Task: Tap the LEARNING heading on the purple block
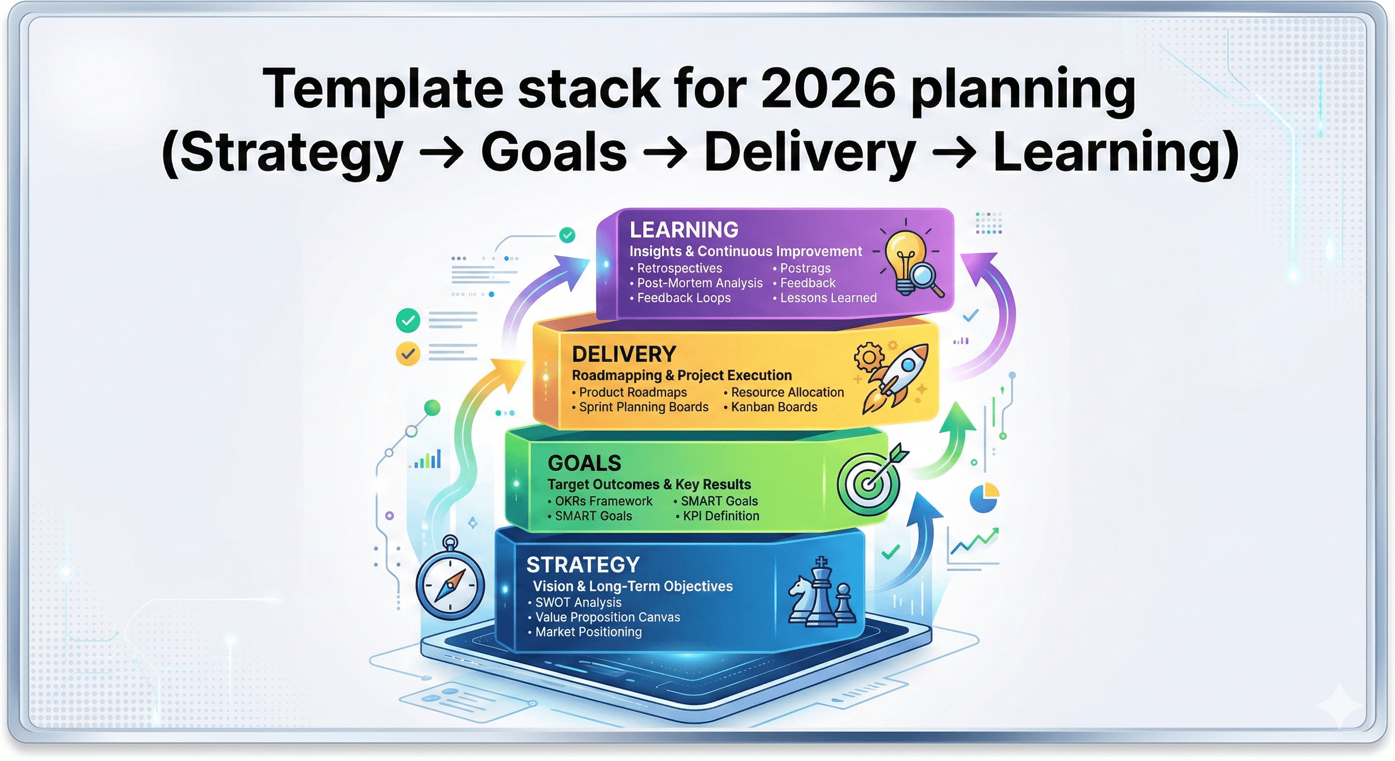click(x=684, y=230)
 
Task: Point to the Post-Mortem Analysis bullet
click(x=697, y=283)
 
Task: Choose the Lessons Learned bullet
click(x=825, y=297)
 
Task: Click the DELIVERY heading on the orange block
click(x=624, y=354)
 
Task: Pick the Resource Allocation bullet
click(x=784, y=392)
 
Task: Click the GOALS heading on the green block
click(x=585, y=463)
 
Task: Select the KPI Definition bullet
click(x=717, y=516)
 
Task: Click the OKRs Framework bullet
click(x=600, y=501)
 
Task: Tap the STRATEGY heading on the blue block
click(x=583, y=565)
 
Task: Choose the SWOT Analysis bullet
click(x=575, y=602)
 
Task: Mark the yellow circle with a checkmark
click(x=408, y=354)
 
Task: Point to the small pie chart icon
click(x=984, y=497)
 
